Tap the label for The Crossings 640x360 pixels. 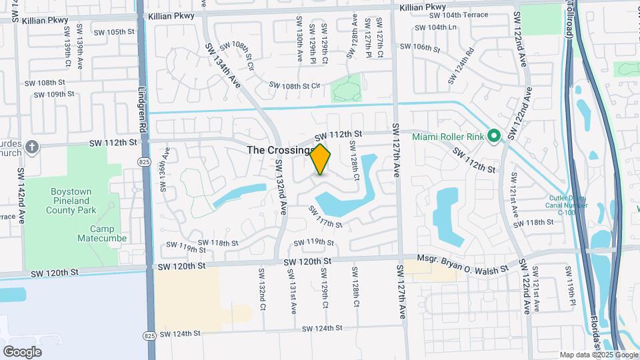point(279,151)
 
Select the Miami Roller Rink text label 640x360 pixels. point(447,137)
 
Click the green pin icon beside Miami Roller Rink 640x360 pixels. point(493,137)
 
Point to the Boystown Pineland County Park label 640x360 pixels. point(71,201)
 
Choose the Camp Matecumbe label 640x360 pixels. point(97,233)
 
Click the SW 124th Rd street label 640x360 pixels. point(461,65)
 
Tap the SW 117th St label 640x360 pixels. point(325,217)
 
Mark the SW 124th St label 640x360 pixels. point(321,328)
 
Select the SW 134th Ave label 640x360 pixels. point(223,64)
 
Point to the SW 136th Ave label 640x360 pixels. point(163,169)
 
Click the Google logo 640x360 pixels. point(22,352)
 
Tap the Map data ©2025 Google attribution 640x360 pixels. point(599,355)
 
